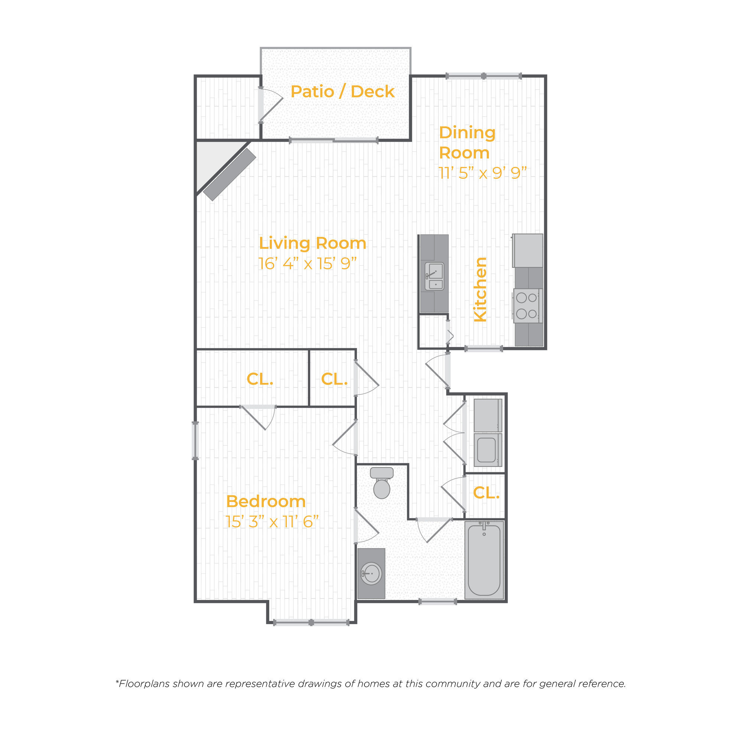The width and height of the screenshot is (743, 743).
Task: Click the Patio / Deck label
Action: pyautogui.click(x=342, y=91)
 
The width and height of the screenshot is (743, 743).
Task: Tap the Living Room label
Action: pyautogui.click(x=312, y=243)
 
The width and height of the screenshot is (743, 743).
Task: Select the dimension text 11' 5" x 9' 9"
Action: pyautogui.click(x=482, y=173)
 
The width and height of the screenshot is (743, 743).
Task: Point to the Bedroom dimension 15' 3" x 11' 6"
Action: pyautogui.click(x=272, y=522)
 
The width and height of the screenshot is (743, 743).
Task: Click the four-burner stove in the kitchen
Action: pyautogui.click(x=527, y=306)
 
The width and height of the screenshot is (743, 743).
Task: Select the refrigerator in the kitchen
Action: pyautogui.click(x=528, y=251)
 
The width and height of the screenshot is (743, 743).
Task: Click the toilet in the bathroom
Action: pyautogui.click(x=382, y=483)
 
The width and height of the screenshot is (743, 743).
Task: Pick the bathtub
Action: pyautogui.click(x=484, y=560)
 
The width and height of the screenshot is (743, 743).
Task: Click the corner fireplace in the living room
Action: pyautogui.click(x=230, y=175)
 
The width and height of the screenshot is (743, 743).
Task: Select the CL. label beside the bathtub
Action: pyautogui.click(x=486, y=493)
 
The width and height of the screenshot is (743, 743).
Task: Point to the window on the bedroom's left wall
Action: pyautogui.click(x=195, y=441)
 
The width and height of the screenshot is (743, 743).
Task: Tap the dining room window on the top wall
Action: pyautogui.click(x=483, y=76)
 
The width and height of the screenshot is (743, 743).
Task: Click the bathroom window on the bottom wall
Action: pyautogui.click(x=438, y=602)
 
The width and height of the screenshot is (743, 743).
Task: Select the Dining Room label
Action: pyautogui.click(x=467, y=142)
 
